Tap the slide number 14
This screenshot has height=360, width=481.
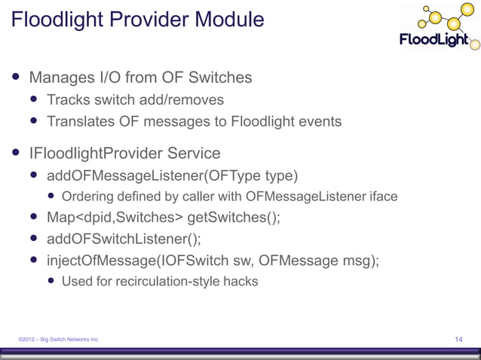point(458,340)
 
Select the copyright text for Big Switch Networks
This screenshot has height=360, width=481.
point(60,340)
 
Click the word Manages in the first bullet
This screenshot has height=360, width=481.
point(63,78)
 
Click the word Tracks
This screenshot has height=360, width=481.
point(69,99)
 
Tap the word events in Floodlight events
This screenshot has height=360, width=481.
point(320,121)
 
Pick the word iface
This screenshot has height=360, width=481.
point(381,197)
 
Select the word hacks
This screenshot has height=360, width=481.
point(240,282)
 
